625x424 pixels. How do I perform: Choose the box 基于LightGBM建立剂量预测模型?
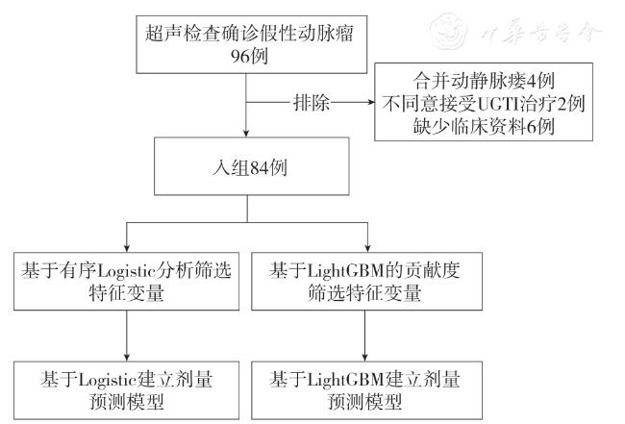coord(367,387)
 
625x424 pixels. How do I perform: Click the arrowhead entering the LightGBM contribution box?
coord(367,249)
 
